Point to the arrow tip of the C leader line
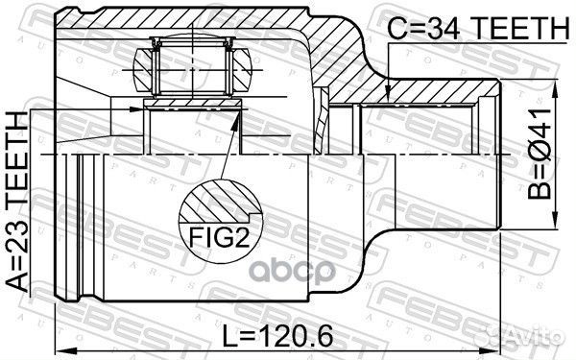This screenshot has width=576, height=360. (386, 97)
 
